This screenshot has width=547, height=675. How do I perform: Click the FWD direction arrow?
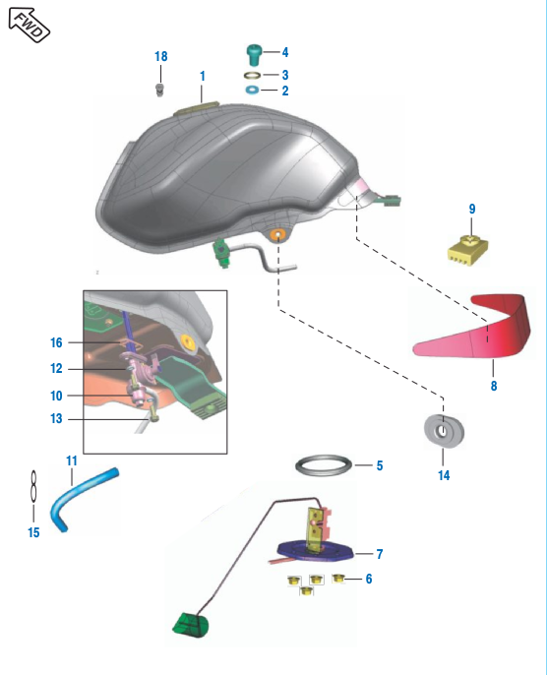[30, 25]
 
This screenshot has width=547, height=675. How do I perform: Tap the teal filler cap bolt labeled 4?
[254, 55]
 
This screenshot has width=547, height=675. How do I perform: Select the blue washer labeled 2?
[252, 91]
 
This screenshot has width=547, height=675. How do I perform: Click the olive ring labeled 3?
[252, 76]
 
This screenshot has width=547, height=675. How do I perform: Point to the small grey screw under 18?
[160, 91]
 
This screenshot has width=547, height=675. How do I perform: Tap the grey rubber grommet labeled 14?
[444, 431]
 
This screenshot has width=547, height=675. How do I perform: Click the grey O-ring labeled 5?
[324, 465]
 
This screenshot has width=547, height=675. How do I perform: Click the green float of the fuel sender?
[190, 625]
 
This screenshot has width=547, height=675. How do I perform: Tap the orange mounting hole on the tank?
[277, 234]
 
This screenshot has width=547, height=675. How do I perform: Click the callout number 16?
[56, 342]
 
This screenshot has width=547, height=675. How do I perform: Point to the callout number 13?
[56, 418]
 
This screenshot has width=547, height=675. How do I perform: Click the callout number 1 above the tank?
[203, 76]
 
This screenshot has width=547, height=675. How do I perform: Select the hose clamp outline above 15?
[33, 486]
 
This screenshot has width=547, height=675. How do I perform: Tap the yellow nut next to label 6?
[338, 579]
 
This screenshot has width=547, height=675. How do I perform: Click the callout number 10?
[56, 396]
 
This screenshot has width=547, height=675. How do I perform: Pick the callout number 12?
[56, 368]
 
